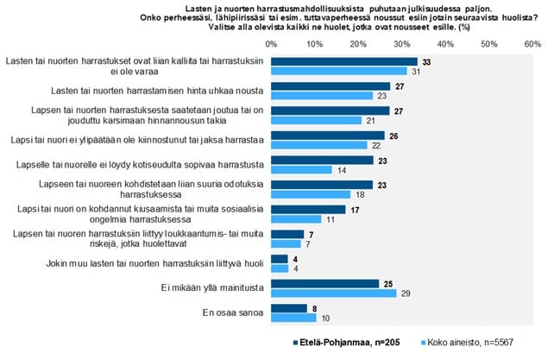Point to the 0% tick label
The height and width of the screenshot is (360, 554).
[x=272, y=42]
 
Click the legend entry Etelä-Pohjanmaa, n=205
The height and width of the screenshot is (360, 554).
[x=338, y=342]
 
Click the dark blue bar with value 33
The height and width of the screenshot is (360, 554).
[x=343, y=61]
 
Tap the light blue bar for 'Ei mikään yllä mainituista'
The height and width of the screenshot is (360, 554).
[x=334, y=294]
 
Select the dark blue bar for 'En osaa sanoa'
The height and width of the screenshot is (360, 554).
[x=288, y=307]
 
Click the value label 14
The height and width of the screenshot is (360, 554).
[x=342, y=170]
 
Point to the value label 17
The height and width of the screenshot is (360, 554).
[x=355, y=210]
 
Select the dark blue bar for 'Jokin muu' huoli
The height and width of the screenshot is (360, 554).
[x=280, y=258]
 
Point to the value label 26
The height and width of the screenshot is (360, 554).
[x=393, y=136]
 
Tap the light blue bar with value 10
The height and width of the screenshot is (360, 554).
[x=293, y=318]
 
